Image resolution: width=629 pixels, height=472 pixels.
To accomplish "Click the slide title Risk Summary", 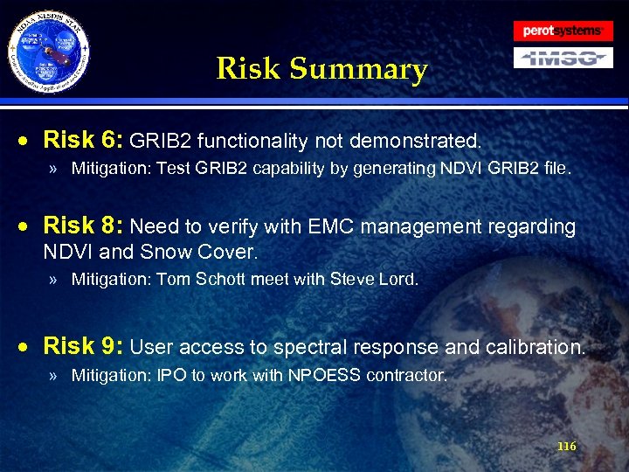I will click(x=321, y=68).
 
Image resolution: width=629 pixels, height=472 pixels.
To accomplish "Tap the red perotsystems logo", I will click(x=562, y=31).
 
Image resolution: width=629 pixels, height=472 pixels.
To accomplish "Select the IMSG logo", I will click(x=562, y=58).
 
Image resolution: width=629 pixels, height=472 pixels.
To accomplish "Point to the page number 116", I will click(x=566, y=447).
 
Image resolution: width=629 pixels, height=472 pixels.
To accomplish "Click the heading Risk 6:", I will click(x=84, y=140).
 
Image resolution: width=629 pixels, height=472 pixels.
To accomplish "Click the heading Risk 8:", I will click(x=84, y=226).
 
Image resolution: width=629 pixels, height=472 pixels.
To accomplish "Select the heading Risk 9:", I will click(x=84, y=346).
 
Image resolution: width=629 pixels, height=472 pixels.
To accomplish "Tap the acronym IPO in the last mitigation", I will click(x=169, y=376).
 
